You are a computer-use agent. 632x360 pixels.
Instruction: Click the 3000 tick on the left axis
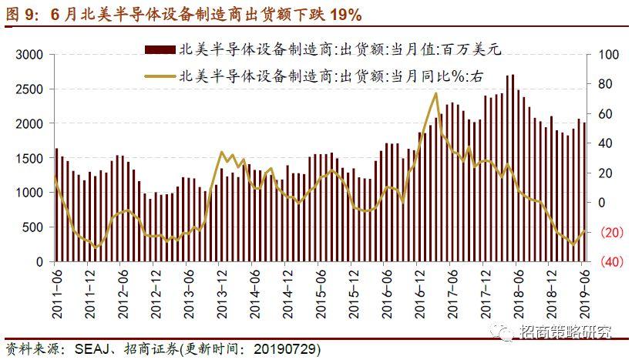(x=29, y=55)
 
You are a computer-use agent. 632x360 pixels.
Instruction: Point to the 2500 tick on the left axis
(x=29, y=89)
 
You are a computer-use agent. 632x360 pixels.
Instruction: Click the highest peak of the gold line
(x=436, y=93)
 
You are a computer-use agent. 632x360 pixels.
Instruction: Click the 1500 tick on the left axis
(x=29, y=158)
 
